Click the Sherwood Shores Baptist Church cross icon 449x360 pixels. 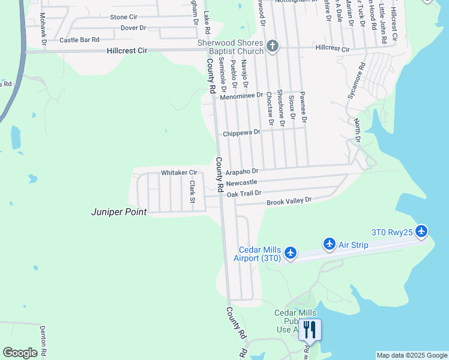click(x=273, y=46)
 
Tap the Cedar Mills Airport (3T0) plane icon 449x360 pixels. click(x=291, y=253)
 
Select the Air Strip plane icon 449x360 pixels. click(x=329, y=244)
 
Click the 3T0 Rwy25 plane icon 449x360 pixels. click(x=421, y=231)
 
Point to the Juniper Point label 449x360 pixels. click(x=119, y=212)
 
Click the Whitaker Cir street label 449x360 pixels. click(x=179, y=173)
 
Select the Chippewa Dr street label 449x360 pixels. click(x=242, y=133)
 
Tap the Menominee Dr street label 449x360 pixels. click(x=241, y=95)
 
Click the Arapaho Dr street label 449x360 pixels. click(x=243, y=172)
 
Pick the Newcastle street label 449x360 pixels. click(x=241, y=182)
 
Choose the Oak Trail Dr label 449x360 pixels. click(x=244, y=193)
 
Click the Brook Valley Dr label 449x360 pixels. click(x=289, y=200)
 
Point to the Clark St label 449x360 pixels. click(x=193, y=191)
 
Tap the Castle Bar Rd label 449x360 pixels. click(x=79, y=40)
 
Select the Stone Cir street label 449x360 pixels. click(x=124, y=17)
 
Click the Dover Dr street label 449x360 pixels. click(x=133, y=28)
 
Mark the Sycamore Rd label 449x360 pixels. click(x=356, y=82)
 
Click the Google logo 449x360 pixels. click(x=20, y=353)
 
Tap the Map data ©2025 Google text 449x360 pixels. click(x=411, y=355)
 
